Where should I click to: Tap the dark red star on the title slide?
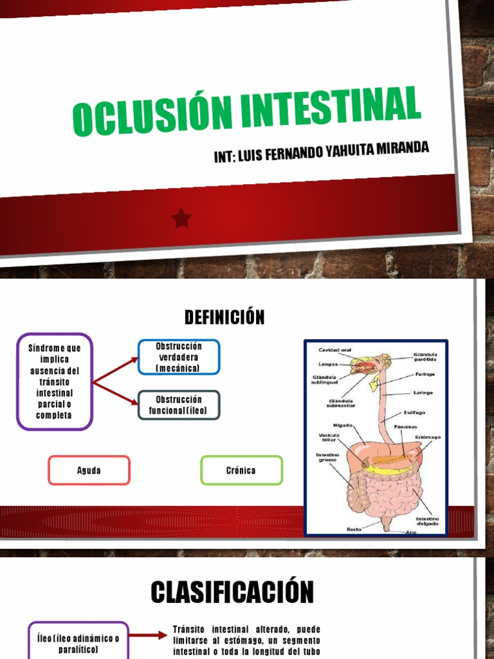click(x=182, y=219)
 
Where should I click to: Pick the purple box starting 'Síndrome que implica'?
click(x=55, y=382)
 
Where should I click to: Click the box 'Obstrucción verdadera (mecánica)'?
click(x=179, y=357)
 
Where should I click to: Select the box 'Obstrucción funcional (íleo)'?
click(x=179, y=405)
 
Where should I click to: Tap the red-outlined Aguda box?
click(x=89, y=470)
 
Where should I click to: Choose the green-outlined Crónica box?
click(x=241, y=470)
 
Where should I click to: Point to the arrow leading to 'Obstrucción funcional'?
click(x=116, y=393)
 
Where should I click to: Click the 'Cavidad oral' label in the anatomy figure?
click(x=333, y=350)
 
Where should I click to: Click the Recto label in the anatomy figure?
click(x=354, y=529)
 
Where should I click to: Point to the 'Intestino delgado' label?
click(x=427, y=521)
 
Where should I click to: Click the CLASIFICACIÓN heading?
click(x=232, y=592)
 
